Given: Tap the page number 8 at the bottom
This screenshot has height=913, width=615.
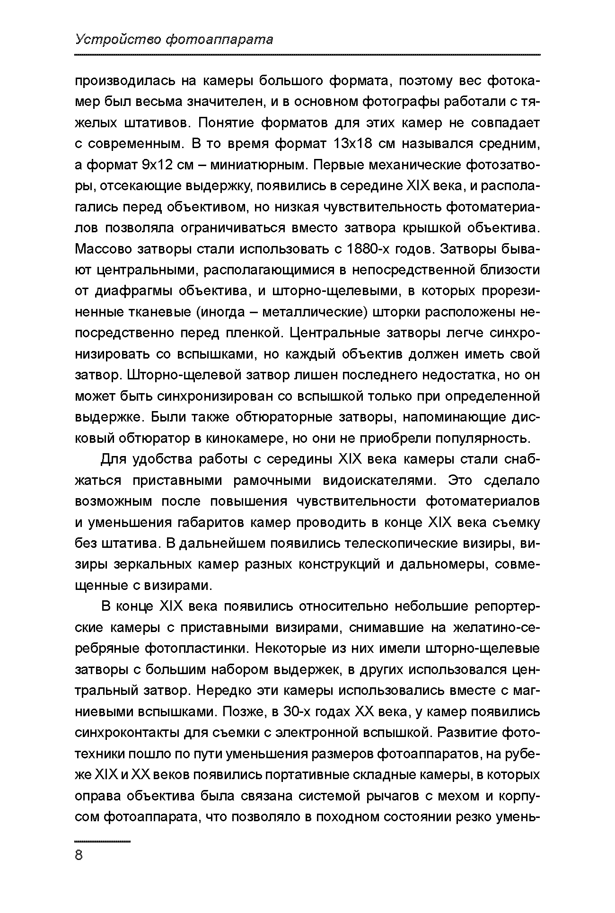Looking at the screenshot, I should pyautogui.click(x=79, y=855).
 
